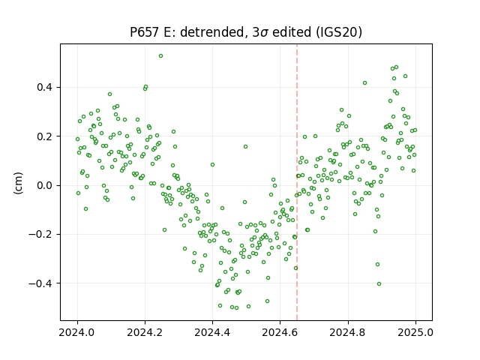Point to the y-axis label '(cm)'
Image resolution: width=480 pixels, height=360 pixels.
click(x=18, y=183)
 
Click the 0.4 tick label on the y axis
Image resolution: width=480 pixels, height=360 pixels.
click(x=45, y=87)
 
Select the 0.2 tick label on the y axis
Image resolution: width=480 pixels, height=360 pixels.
click(x=45, y=136)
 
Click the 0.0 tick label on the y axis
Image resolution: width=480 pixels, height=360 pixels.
click(x=45, y=185)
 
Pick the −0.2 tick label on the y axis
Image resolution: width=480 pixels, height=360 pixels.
click(x=40, y=235)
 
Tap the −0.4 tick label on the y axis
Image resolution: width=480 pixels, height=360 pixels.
click(x=40, y=283)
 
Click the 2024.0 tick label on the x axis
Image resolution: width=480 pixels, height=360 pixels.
click(x=77, y=332)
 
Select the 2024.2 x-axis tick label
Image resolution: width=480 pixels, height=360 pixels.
click(x=145, y=332)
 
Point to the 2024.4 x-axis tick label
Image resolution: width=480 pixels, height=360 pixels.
click(x=212, y=332)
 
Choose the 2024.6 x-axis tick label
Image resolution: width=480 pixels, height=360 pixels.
click(x=280, y=332)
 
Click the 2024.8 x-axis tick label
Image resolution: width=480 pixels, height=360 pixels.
click(x=348, y=332)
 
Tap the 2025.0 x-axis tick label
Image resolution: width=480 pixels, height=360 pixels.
click(x=415, y=332)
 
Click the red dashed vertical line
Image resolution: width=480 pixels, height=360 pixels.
click(x=297, y=182)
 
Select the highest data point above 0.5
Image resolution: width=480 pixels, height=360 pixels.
click(x=160, y=56)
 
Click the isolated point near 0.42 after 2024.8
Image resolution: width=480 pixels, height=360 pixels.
click(x=364, y=83)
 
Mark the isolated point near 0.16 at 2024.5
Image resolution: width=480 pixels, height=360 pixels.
click(x=245, y=147)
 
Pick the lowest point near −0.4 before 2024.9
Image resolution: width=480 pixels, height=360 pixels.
click(x=379, y=283)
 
